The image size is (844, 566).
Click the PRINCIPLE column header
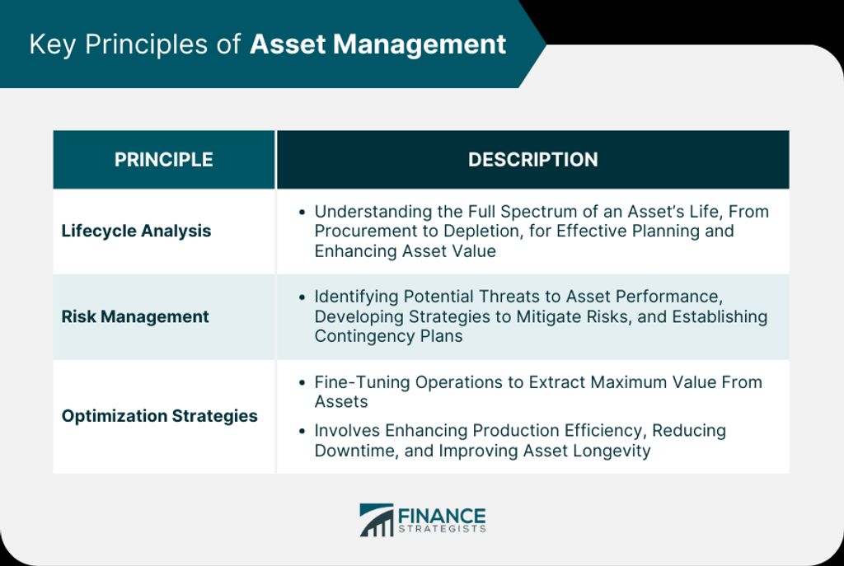[164, 159]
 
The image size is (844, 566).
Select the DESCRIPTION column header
[533, 159]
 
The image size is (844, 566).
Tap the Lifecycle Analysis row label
[136, 231]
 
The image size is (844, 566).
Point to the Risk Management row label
[135, 316]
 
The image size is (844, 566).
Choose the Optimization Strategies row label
[159, 416]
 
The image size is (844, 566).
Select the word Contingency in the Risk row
[360, 336]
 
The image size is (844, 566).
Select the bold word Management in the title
[420, 44]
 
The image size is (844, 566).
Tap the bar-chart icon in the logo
[376, 520]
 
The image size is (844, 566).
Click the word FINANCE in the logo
[442, 516]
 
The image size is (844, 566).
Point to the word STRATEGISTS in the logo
[442, 530]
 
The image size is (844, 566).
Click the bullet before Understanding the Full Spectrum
[302, 212]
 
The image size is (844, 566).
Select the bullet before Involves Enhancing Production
[302, 431]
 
